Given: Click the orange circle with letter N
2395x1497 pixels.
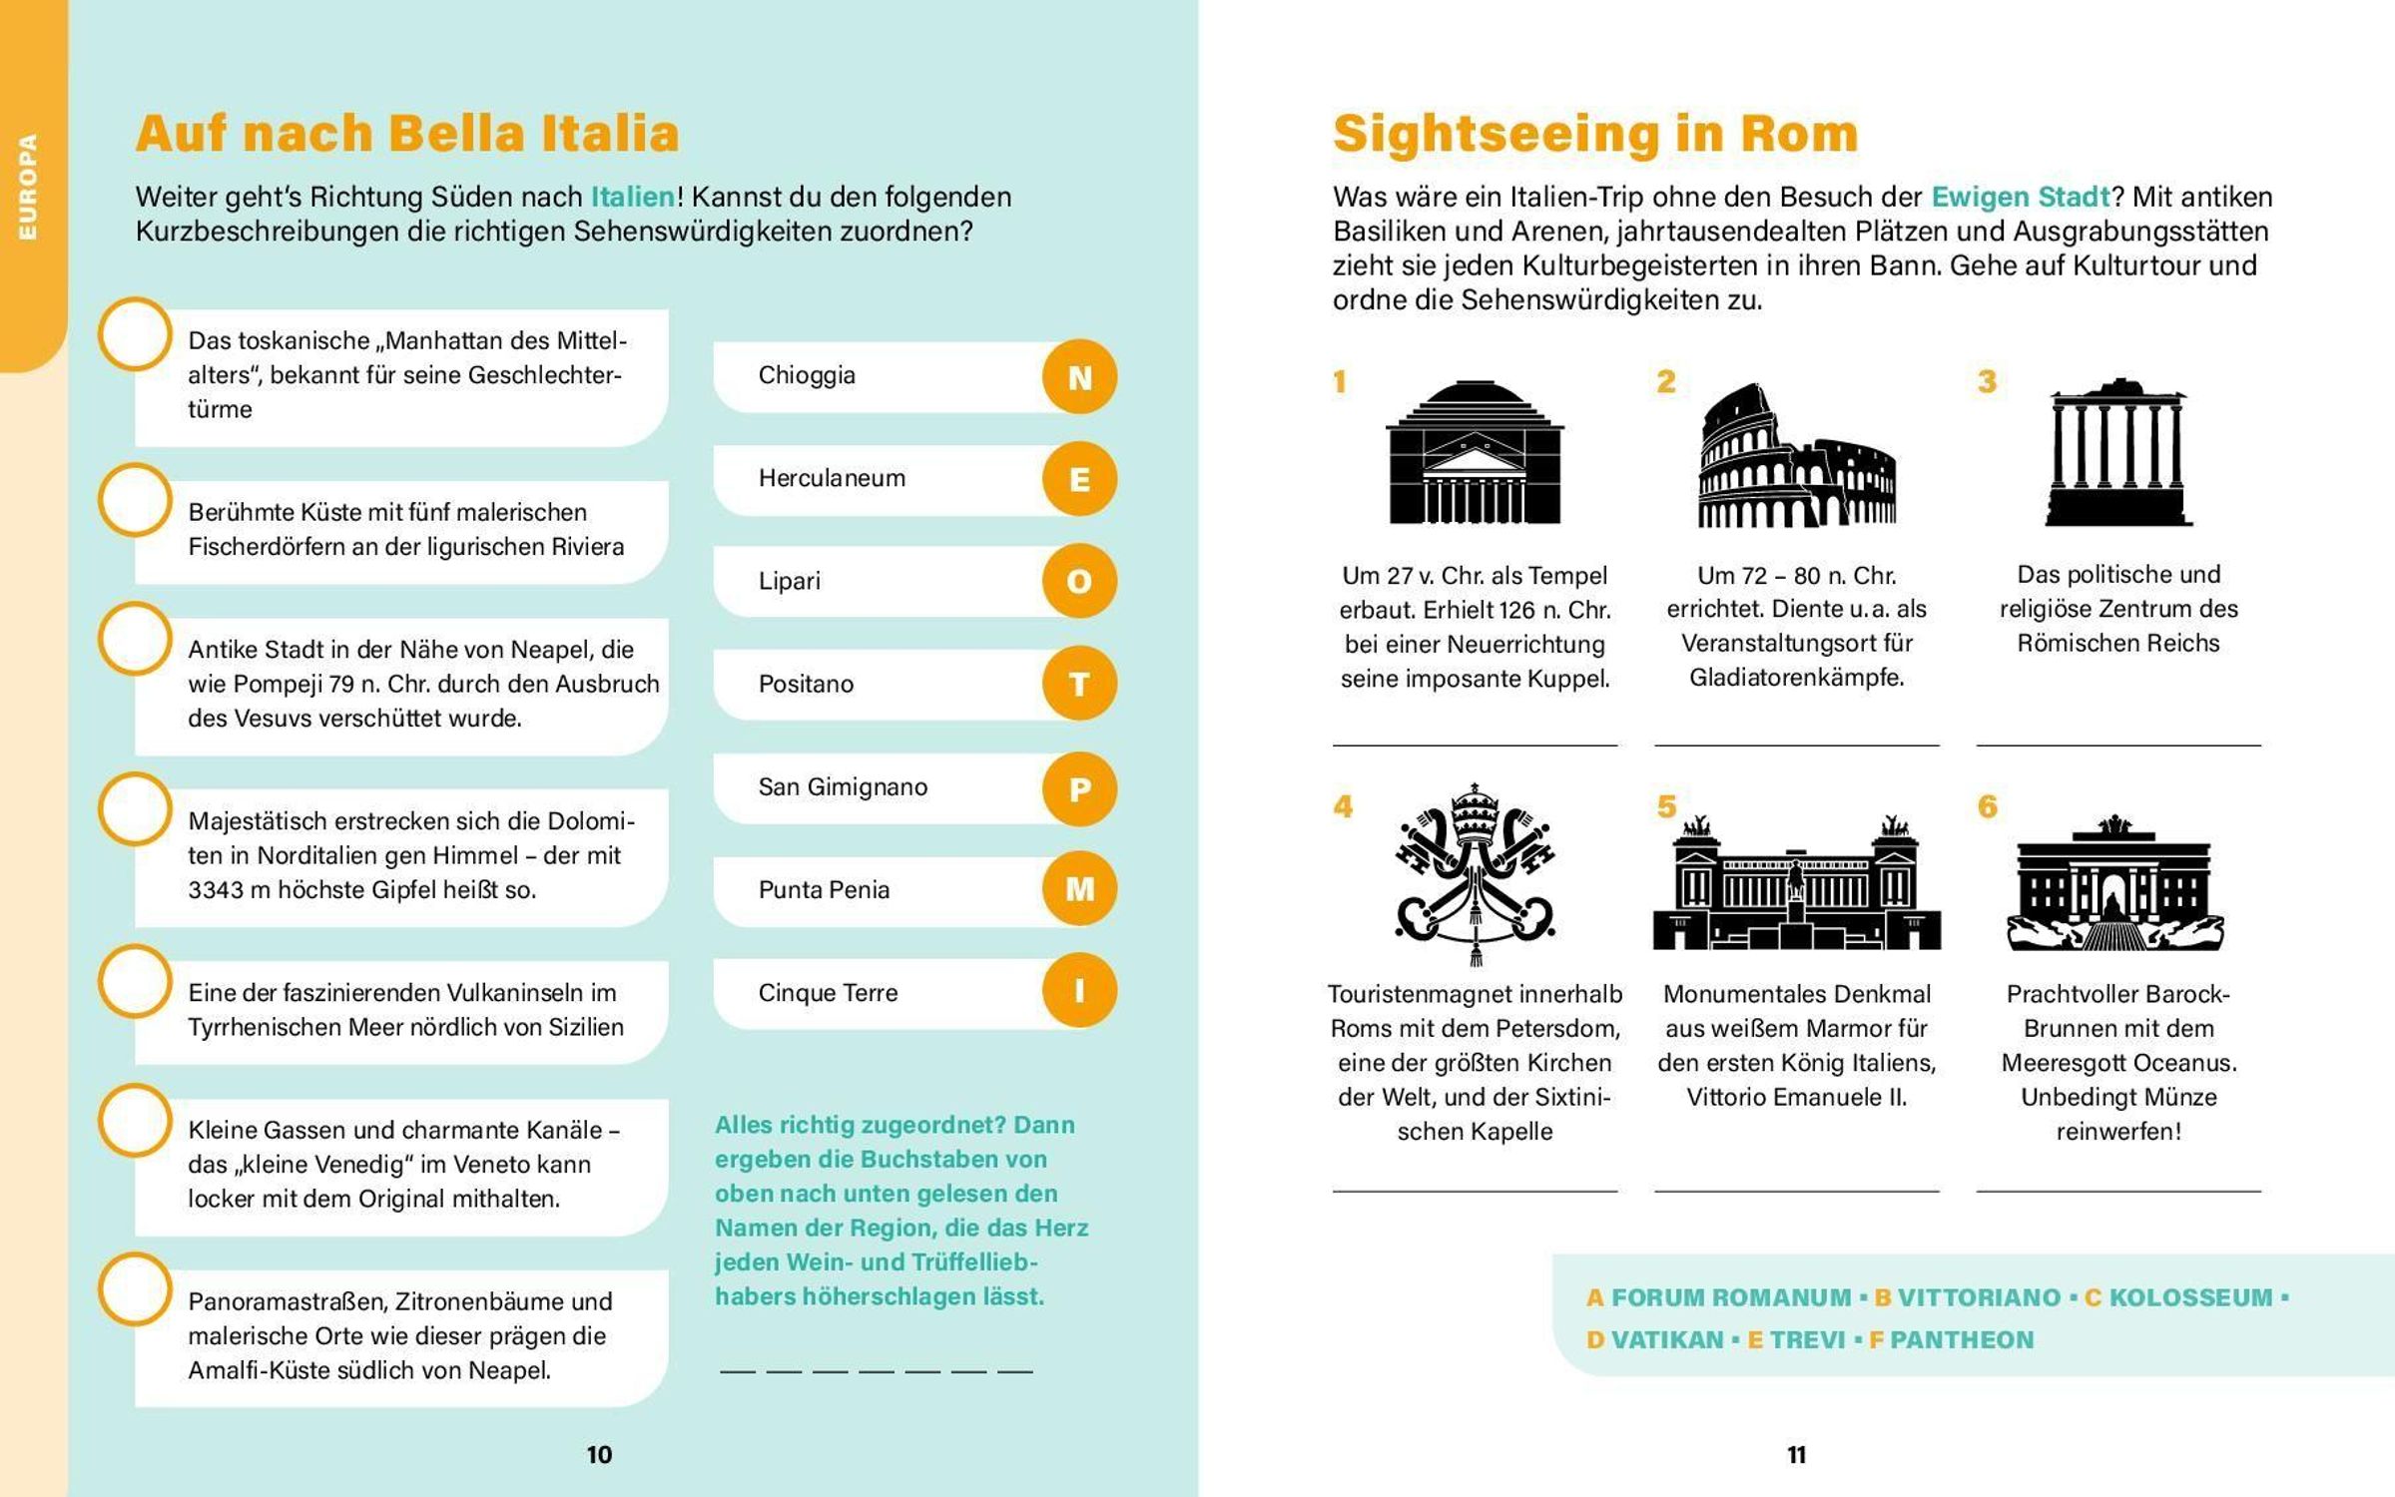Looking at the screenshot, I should tap(1079, 377).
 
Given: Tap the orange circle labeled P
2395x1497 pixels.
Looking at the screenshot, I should tap(1079, 788).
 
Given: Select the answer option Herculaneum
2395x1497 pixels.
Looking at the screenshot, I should tap(832, 478).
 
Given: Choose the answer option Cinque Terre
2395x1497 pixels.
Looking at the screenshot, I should tap(828, 992).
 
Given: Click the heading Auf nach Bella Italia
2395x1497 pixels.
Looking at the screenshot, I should tap(407, 133).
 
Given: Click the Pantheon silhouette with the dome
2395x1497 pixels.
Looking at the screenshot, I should tap(1475, 453).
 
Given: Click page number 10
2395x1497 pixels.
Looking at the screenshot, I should tap(599, 1454).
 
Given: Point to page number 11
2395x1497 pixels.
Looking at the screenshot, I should tap(1796, 1454).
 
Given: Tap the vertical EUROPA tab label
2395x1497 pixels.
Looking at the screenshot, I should tap(28, 187).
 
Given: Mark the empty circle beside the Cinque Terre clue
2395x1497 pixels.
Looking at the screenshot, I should tap(135, 499).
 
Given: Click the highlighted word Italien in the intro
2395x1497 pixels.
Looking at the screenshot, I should tap(633, 197).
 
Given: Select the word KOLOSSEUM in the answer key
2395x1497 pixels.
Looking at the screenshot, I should tap(2190, 1297).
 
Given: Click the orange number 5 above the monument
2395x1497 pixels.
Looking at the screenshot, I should tap(1666, 806).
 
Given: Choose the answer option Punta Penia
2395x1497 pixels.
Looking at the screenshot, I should tap(824, 889).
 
